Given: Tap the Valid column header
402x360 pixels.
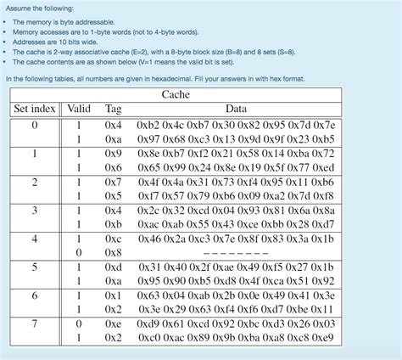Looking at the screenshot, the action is tap(79, 109).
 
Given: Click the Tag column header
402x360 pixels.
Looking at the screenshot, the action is tap(113, 109).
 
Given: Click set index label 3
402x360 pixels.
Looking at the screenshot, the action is tap(35, 210).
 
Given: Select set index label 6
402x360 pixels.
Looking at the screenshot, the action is tap(35, 295).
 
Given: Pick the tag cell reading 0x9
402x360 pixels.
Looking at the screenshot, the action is tap(114, 154).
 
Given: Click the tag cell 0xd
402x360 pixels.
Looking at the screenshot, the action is tap(114, 267).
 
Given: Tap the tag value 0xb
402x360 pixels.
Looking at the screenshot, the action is tap(114, 224).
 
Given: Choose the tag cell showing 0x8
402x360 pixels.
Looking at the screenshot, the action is tap(114, 253).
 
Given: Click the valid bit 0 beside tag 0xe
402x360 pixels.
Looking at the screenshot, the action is tap(79, 324).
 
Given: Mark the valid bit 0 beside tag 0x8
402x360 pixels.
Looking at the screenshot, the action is tap(79, 253).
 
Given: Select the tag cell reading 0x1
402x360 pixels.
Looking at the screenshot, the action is tap(114, 295).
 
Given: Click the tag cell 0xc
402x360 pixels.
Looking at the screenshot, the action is tap(114, 239).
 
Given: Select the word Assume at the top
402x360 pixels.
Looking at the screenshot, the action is tap(19, 7).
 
